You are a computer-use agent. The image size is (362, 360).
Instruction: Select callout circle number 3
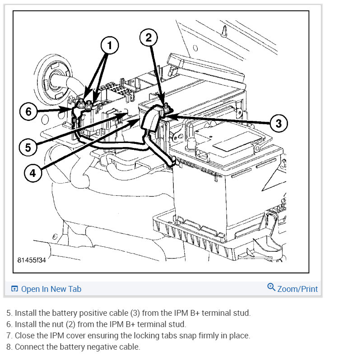click(278, 123)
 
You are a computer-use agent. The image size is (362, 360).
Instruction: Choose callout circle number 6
click(29, 111)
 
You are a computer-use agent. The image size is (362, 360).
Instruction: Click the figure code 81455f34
click(32, 261)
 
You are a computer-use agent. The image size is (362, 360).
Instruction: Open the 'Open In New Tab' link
click(51, 289)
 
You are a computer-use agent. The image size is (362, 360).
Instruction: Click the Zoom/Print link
click(297, 289)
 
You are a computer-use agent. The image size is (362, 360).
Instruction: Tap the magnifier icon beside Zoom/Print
click(271, 287)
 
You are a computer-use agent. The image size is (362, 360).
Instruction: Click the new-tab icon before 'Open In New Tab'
click(14, 289)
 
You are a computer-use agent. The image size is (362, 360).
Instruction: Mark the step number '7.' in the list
click(9, 336)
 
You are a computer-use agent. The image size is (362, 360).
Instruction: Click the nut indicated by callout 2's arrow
click(167, 107)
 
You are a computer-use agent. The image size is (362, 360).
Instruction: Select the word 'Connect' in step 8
click(30, 347)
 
